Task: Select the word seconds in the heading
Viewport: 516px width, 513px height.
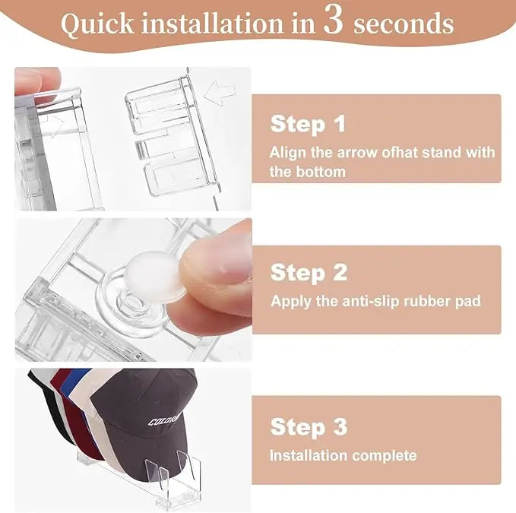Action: pos(404,24)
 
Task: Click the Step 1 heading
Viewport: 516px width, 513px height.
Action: pos(308,124)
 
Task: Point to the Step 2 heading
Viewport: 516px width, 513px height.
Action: pos(308,271)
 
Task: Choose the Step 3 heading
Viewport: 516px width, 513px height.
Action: pos(308,426)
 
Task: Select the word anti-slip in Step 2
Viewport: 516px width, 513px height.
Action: pos(372,301)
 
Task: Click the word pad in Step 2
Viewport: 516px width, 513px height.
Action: pos(468,301)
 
